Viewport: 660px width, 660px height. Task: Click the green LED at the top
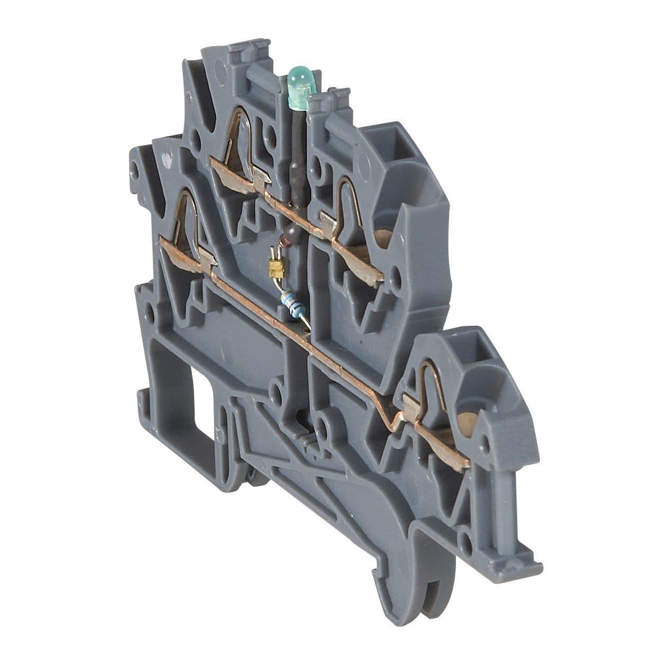299,87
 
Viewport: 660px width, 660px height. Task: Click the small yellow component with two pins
274,269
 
